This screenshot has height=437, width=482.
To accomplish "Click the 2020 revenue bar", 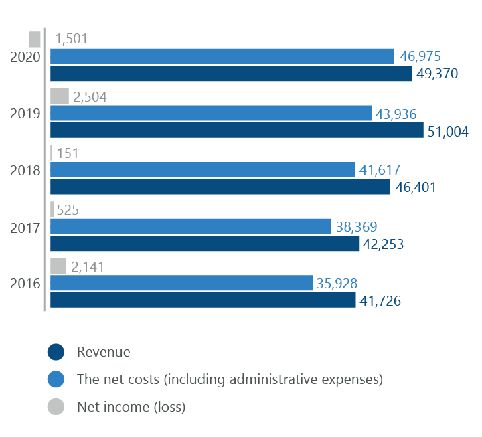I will point(231,74).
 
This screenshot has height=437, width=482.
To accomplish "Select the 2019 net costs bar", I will point(211,113).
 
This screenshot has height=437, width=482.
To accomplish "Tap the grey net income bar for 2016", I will point(58,266).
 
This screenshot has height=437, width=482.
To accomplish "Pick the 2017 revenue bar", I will point(205,244).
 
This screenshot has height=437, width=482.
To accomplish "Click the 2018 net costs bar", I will point(203,170).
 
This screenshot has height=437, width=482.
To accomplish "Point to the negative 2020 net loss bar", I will point(35,39).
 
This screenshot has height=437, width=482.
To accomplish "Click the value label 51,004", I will point(448,131).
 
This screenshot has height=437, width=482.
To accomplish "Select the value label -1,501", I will point(68,39).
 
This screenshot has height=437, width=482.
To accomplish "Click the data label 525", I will point(68,210).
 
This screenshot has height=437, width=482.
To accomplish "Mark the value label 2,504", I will point(90,97).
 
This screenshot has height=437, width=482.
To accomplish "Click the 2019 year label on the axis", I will point(25,113).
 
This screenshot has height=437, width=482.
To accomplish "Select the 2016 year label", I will point(25,284).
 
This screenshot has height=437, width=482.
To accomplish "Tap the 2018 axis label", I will point(25,170).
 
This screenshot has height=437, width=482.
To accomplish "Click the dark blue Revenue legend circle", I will point(56,352).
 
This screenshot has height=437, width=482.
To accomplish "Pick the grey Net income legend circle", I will point(56,407).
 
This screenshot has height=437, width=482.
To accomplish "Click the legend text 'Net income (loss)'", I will point(131,406).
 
